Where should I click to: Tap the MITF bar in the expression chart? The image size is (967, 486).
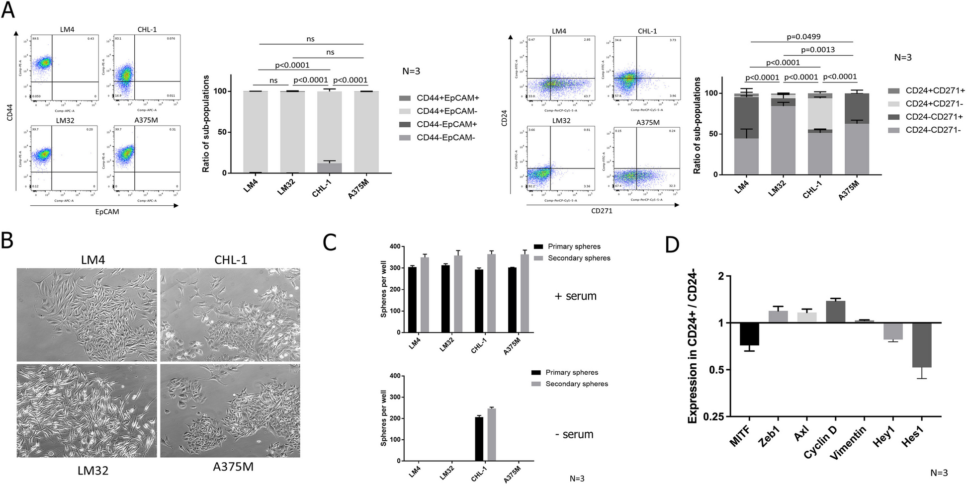749,334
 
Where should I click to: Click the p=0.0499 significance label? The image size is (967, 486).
803,36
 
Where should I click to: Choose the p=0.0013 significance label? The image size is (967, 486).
818,49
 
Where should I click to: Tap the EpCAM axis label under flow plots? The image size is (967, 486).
107,212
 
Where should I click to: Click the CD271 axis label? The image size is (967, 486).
602,211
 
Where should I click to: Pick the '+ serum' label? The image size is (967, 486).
575,296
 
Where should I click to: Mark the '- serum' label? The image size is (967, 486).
574,434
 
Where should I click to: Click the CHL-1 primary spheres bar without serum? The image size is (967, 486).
479,439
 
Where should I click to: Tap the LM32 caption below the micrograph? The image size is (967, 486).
92,470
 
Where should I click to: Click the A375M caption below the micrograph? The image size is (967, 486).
233,467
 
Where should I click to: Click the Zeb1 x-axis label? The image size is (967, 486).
769,438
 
